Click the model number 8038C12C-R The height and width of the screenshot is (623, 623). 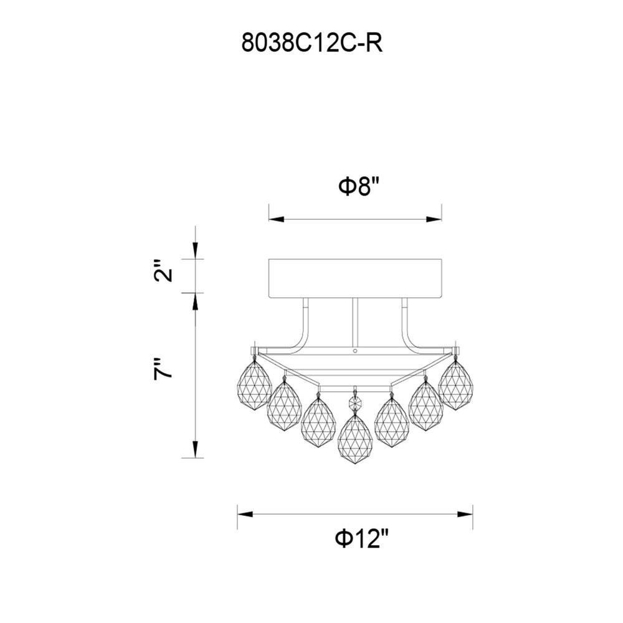[x=312, y=43]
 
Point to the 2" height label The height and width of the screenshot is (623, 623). [x=163, y=271]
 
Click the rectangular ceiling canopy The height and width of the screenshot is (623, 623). [x=355, y=278]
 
